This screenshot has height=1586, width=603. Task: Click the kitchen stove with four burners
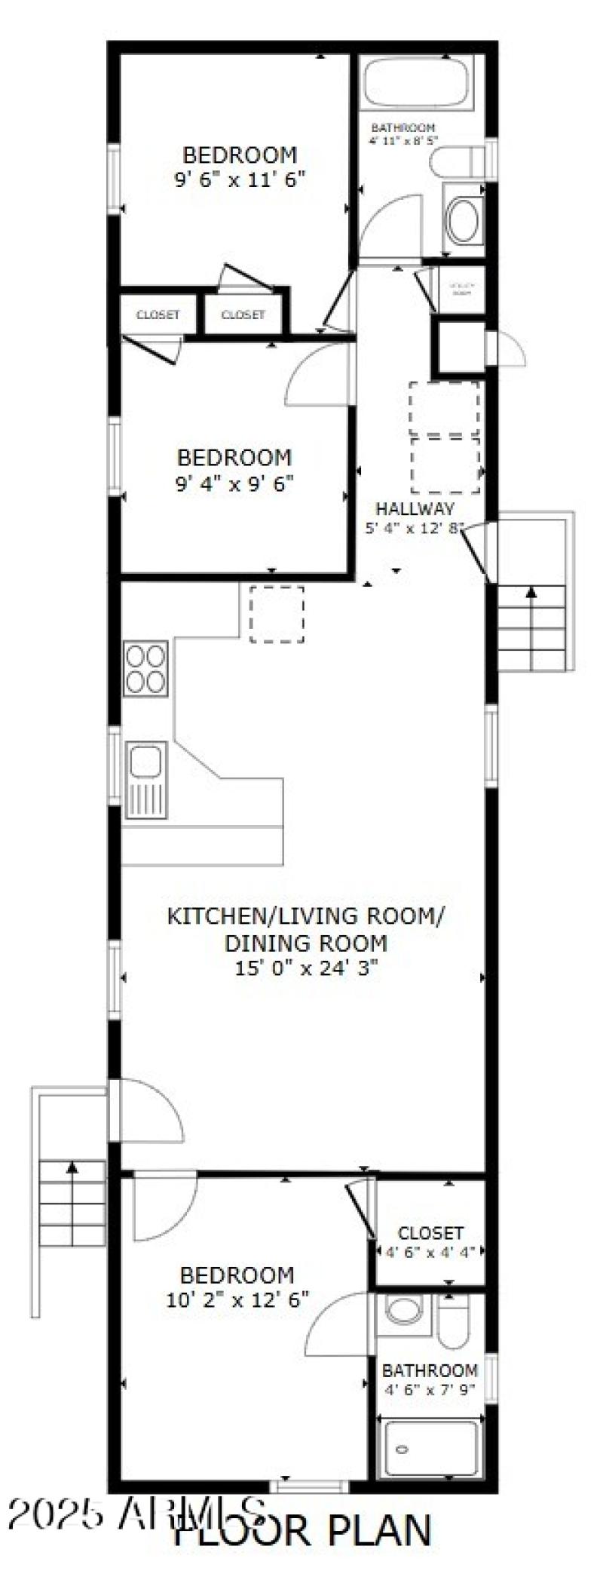(145, 669)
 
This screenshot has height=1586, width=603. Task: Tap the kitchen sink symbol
(145, 780)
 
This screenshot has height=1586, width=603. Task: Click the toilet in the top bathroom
(455, 161)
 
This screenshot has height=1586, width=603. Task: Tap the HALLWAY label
(415, 508)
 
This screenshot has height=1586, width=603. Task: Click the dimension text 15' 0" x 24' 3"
(305, 968)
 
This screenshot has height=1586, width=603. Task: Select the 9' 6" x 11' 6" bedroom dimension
(240, 180)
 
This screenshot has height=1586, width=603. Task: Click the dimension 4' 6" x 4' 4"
(430, 1252)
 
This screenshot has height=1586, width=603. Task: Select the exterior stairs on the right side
(531, 627)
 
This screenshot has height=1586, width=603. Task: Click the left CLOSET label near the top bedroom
(158, 314)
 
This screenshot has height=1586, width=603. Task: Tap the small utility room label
(461, 289)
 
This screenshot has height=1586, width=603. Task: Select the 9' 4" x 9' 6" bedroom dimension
(234, 483)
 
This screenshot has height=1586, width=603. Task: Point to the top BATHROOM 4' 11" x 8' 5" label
(403, 134)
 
